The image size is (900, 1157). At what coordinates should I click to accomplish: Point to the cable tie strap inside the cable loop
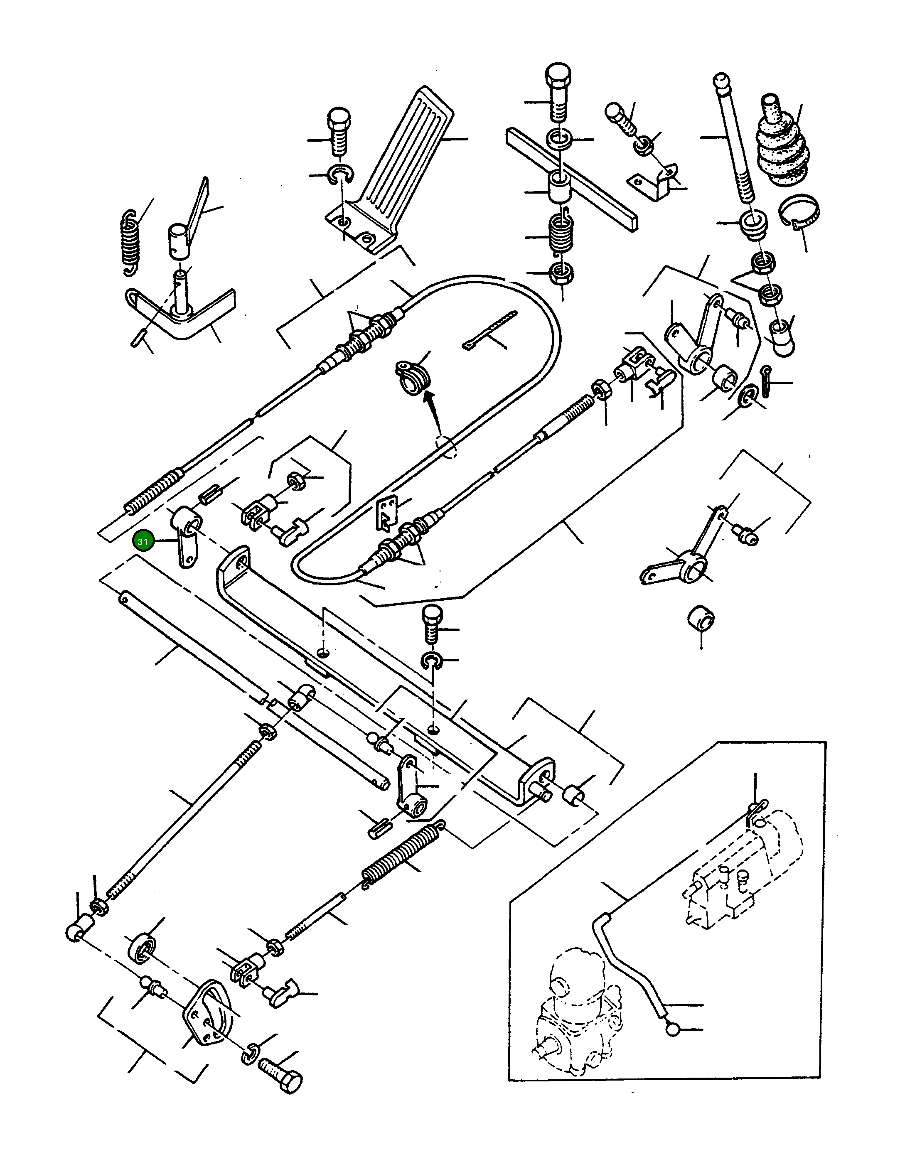490,331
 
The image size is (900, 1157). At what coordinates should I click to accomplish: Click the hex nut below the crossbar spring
558,274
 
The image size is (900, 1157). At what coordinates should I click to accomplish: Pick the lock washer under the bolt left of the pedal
337,174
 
